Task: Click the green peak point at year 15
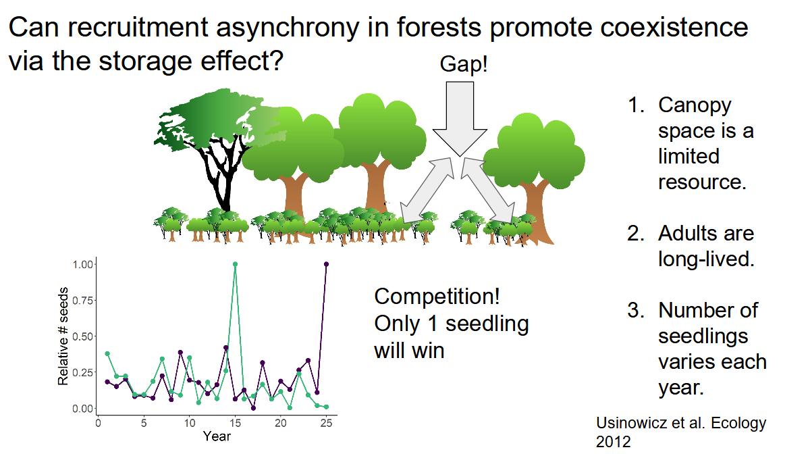[x=235, y=264]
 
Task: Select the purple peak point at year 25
[x=326, y=264]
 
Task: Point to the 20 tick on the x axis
[x=280, y=424]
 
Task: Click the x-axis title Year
[x=217, y=436]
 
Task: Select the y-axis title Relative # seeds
[x=63, y=336]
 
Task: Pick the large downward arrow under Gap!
[x=460, y=118]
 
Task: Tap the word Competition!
[x=437, y=297]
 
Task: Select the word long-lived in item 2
[x=706, y=259]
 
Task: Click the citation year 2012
[x=614, y=442]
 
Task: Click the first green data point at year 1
[x=107, y=353]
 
